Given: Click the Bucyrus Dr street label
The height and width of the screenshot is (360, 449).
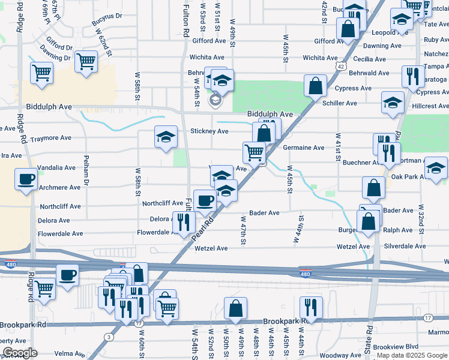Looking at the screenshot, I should coord(107,25).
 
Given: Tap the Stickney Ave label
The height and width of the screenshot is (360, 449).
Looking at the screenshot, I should coord(209,131).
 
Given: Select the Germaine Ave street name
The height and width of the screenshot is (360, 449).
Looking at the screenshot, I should coord(304,148).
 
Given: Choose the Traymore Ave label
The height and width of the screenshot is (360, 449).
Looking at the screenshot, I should coord(50,138).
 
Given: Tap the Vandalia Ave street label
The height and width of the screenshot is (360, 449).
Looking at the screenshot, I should coord(56,168).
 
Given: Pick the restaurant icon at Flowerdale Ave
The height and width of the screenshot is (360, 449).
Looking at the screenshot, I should coord(184,222).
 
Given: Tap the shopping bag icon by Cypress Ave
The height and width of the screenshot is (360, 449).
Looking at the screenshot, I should coord(315,86).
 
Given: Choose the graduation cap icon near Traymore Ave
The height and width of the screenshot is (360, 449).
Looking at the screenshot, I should coord(166,137).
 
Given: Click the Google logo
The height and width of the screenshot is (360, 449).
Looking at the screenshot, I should coord(20,352).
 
